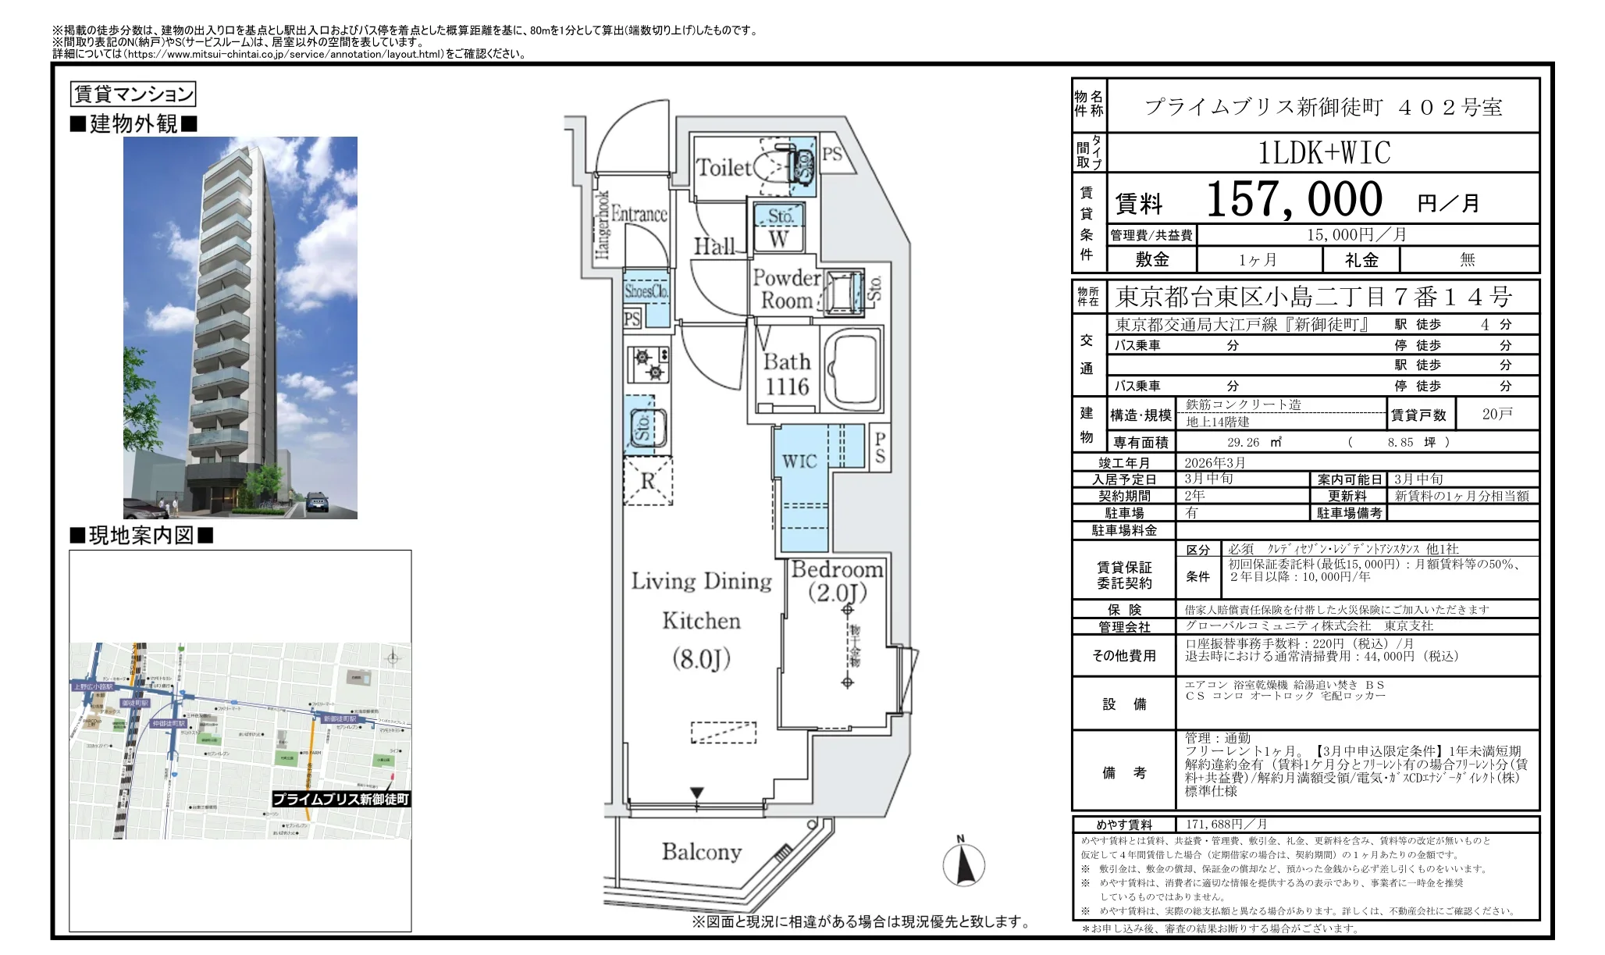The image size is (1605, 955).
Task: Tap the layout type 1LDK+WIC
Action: pyautogui.click(x=1324, y=153)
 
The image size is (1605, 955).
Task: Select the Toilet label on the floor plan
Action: pyautogui.click(x=723, y=167)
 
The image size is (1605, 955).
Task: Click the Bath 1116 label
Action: pyautogui.click(x=786, y=374)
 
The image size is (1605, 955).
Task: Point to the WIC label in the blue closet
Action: pyautogui.click(x=799, y=461)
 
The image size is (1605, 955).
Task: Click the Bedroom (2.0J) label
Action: pyautogui.click(x=837, y=581)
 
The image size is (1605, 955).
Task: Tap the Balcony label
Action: pyautogui.click(x=702, y=852)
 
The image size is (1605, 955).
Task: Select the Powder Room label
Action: pyautogui.click(x=785, y=289)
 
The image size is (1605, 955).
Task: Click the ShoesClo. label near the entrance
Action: pyautogui.click(x=646, y=291)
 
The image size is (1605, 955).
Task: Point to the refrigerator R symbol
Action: pyautogui.click(x=648, y=481)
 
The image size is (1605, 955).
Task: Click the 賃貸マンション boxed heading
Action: pyautogui.click(x=133, y=94)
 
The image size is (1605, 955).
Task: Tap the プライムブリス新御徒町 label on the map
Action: pyautogui.click(x=341, y=799)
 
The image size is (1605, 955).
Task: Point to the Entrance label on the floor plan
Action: pyautogui.click(x=639, y=213)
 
